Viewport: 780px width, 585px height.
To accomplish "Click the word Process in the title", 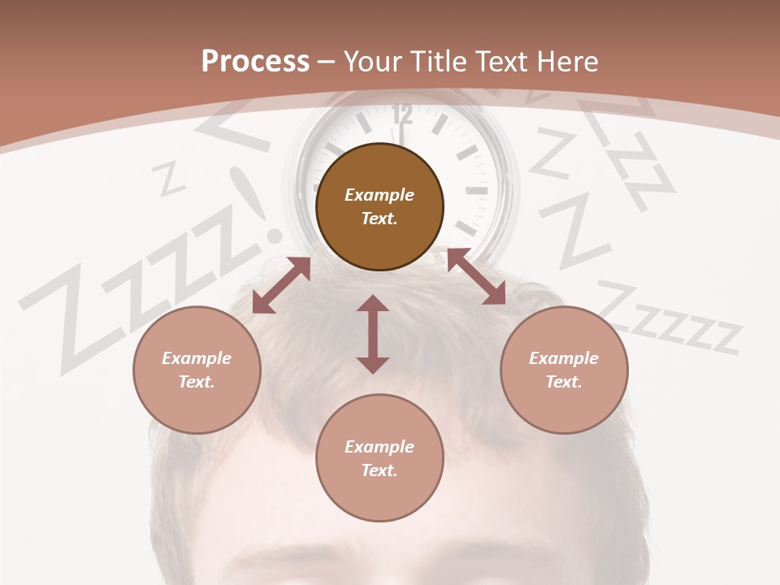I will click(x=255, y=62).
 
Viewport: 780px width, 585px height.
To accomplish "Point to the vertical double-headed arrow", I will click(x=373, y=334).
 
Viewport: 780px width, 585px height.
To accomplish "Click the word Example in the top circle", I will click(x=379, y=195).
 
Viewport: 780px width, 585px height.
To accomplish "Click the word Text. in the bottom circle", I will click(x=379, y=470).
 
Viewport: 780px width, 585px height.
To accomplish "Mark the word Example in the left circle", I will click(x=197, y=358).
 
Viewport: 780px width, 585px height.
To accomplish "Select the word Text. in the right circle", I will click(x=564, y=382).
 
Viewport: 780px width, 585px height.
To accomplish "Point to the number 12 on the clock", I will click(x=402, y=115).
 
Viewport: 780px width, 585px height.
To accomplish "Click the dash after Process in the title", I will click(x=326, y=62).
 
